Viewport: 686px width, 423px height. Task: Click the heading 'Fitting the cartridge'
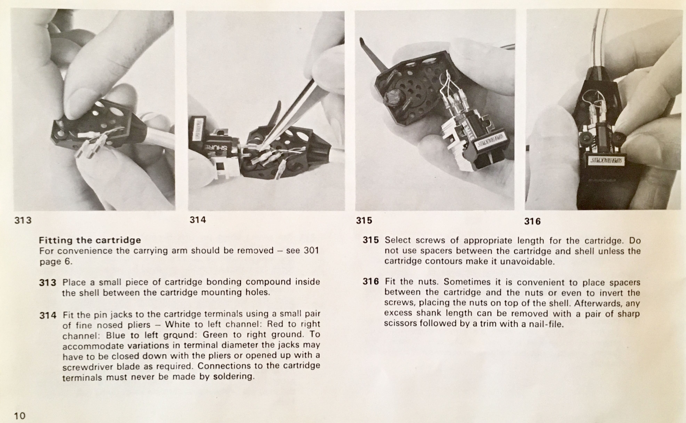click(x=90, y=240)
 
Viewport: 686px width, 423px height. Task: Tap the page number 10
click(x=20, y=416)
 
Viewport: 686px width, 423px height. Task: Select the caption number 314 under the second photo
click(x=198, y=220)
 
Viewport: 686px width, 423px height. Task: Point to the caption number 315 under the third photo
click(x=364, y=221)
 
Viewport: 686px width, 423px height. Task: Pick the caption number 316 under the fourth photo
click(x=532, y=221)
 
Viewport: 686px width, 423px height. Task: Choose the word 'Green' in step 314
click(x=216, y=335)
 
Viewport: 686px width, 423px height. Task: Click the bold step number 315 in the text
click(x=371, y=240)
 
